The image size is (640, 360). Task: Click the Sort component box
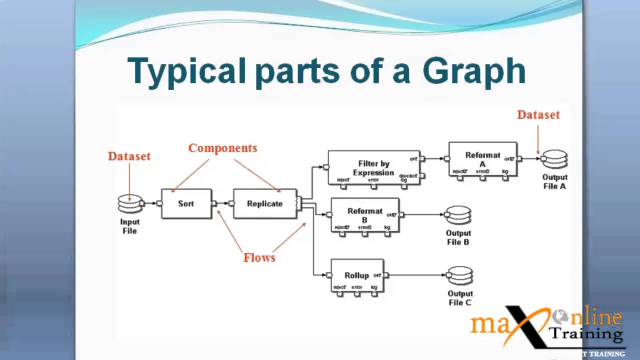click(186, 203)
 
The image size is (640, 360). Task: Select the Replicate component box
click(265, 203)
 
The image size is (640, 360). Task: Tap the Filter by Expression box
click(373, 168)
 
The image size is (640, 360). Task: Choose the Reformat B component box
click(365, 215)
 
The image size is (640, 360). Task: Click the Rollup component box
click(357, 275)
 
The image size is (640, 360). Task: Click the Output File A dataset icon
click(554, 159)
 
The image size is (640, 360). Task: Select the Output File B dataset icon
click(458, 215)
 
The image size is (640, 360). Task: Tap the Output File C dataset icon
click(460, 275)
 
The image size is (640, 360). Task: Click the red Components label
click(222, 148)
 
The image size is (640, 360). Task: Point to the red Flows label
click(259, 258)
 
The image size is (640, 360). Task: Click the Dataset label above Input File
click(129, 156)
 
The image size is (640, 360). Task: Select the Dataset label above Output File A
click(538, 114)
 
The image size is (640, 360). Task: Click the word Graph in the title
click(474, 71)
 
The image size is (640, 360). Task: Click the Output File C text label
click(459, 298)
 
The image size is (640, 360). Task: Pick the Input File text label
click(129, 226)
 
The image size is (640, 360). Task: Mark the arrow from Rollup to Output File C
click(415, 275)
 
